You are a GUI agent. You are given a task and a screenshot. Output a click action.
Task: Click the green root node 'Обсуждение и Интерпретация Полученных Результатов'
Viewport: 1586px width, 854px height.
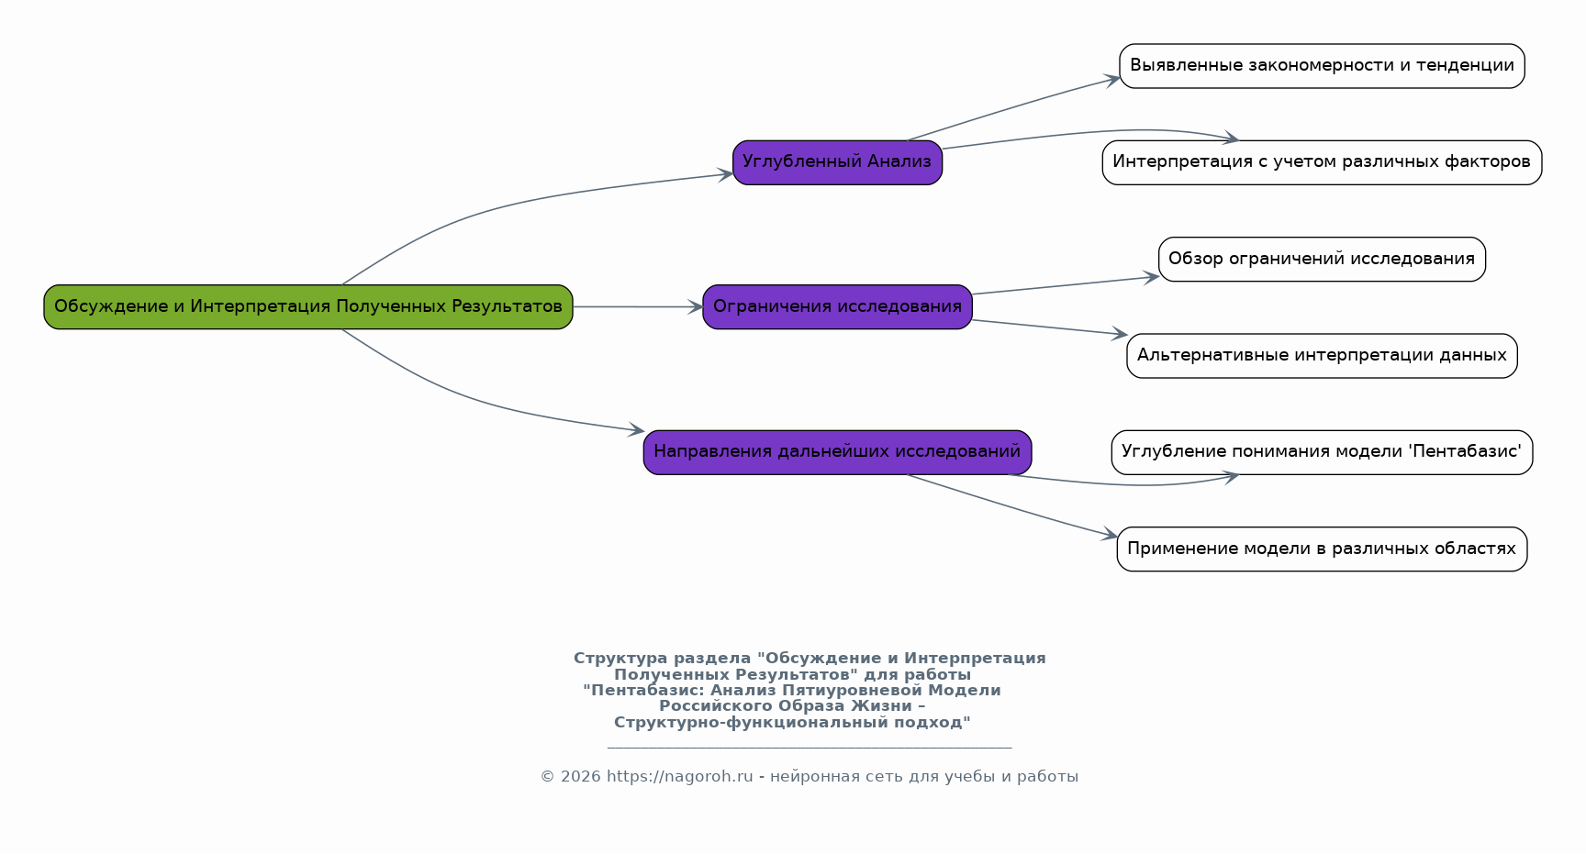308,306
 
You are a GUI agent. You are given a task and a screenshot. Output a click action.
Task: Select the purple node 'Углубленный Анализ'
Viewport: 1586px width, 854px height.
837,162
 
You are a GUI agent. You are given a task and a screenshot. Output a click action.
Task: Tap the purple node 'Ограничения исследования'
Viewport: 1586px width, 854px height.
837,306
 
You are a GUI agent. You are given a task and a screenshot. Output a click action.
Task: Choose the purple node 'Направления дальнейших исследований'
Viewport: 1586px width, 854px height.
837,452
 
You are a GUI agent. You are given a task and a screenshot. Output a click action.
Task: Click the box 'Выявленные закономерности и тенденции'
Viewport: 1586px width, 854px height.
1322,66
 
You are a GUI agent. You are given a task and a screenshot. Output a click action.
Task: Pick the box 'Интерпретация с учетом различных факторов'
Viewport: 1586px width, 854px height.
1322,162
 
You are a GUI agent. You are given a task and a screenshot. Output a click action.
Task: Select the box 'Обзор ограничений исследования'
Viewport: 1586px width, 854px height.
1322,259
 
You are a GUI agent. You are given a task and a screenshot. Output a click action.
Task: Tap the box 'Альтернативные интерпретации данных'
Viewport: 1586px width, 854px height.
1322,356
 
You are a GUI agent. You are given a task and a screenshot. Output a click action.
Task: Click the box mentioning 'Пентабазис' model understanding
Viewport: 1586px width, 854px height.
1322,452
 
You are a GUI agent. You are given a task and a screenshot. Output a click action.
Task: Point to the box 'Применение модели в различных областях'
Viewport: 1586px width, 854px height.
1322,549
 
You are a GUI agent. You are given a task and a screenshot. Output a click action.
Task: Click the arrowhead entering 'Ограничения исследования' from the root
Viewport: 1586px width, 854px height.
696,307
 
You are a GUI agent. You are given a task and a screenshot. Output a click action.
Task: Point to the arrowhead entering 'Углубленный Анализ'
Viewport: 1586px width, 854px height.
725,174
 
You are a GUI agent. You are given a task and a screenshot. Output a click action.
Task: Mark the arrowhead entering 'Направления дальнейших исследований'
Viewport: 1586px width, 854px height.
636,429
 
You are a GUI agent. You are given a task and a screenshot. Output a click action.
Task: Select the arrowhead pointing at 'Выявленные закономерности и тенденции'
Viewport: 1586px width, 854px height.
1112,79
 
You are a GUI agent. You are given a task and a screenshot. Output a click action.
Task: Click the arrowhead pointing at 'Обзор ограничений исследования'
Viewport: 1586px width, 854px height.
1152,276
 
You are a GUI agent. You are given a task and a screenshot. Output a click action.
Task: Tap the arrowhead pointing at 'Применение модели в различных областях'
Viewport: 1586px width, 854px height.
1111,535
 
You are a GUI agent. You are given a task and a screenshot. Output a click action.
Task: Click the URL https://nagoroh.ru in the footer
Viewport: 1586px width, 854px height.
679,777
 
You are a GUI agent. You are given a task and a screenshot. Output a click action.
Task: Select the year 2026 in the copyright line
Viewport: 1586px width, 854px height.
580,777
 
